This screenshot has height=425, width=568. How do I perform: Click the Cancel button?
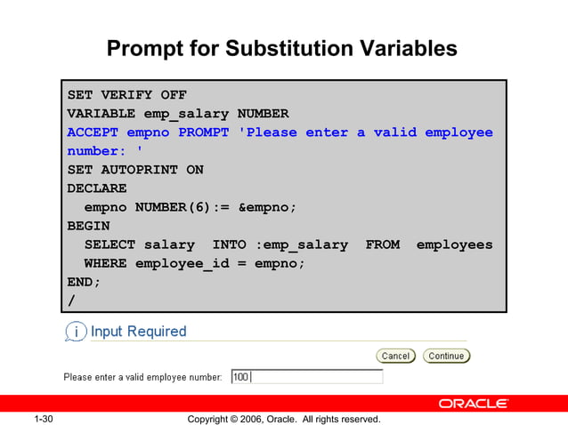395,356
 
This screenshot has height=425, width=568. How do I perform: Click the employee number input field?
307,377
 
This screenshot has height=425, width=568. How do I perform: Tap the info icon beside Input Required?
76,332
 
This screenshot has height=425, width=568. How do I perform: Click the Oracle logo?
473,404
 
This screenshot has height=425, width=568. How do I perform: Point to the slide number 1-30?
45,419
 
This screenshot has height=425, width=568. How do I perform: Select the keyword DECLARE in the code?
97,188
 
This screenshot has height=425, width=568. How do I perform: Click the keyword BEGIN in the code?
88,226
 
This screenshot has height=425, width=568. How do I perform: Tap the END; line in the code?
84,282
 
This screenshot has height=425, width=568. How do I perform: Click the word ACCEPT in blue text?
93,132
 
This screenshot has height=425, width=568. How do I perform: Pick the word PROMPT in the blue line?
204,132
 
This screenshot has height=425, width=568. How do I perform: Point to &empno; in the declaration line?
267,207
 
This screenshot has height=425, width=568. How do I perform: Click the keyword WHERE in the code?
105,263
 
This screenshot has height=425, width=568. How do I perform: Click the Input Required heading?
139,332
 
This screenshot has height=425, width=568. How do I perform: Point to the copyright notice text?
284,419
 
